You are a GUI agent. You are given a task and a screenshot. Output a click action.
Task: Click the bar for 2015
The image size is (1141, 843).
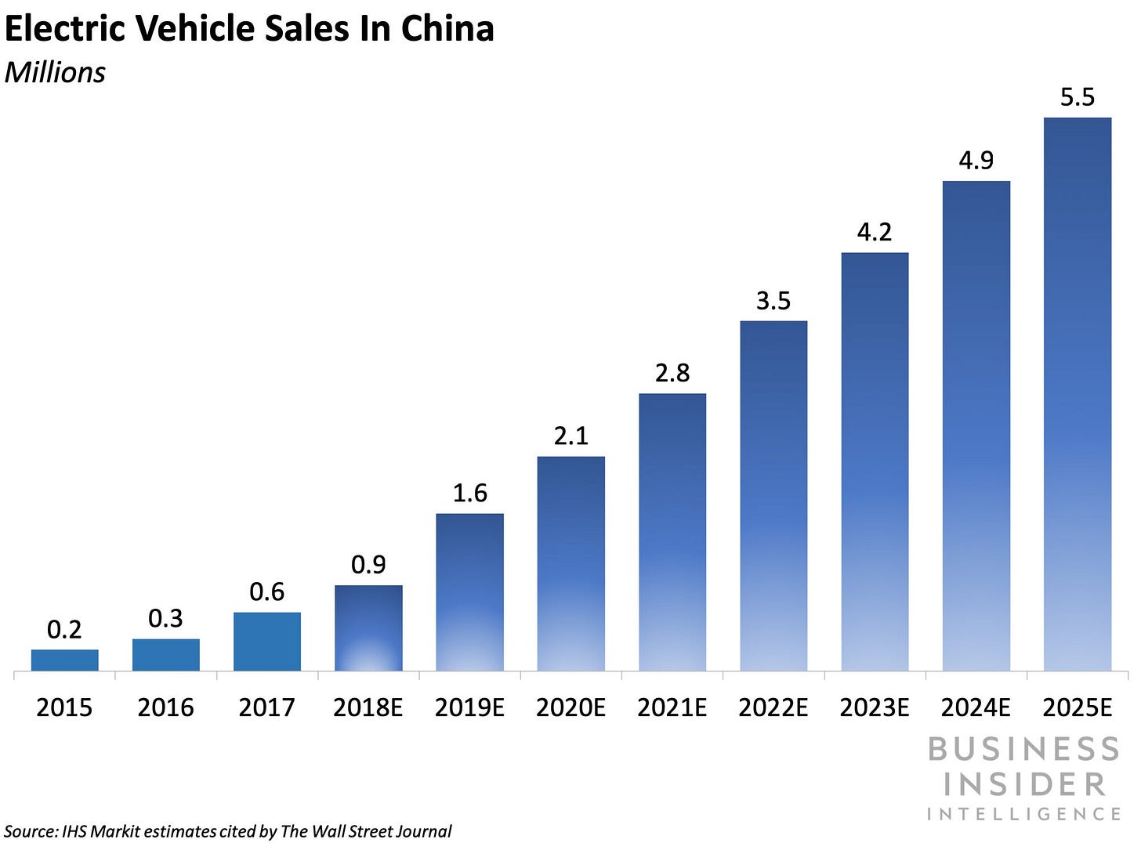(x=65, y=660)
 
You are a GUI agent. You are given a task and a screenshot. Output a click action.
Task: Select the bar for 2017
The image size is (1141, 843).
(x=267, y=641)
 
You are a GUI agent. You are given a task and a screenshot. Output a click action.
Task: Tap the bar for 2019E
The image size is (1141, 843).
(x=469, y=592)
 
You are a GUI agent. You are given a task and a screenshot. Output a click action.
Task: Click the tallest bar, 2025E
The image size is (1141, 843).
(x=1078, y=394)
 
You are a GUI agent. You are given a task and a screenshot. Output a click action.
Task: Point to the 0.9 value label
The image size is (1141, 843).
(x=368, y=565)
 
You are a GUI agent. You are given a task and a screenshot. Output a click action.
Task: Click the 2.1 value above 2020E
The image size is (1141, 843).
(x=570, y=436)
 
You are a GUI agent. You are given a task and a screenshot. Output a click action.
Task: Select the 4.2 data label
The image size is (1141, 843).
(x=875, y=232)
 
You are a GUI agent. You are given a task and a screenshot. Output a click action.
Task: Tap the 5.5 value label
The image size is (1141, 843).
(x=1078, y=97)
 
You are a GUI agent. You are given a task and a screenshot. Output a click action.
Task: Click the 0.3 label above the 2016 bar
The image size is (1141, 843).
(x=165, y=619)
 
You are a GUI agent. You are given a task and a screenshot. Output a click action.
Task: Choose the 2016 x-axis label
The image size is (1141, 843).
(x=165, y=707)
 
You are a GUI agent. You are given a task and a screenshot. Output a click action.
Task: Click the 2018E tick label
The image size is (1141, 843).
(x=368, y=707)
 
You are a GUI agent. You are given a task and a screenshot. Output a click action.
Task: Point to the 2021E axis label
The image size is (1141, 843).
(x=672, y=707)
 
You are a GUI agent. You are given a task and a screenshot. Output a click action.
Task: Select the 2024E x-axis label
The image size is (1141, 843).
(x=976, y=707)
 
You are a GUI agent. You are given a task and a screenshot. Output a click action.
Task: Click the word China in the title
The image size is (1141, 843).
(x=447, y=29)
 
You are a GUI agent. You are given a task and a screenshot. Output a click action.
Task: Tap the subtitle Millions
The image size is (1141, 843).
(x=55, y=72)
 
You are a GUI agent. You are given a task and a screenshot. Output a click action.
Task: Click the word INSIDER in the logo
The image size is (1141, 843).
(x=1024, y=783)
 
